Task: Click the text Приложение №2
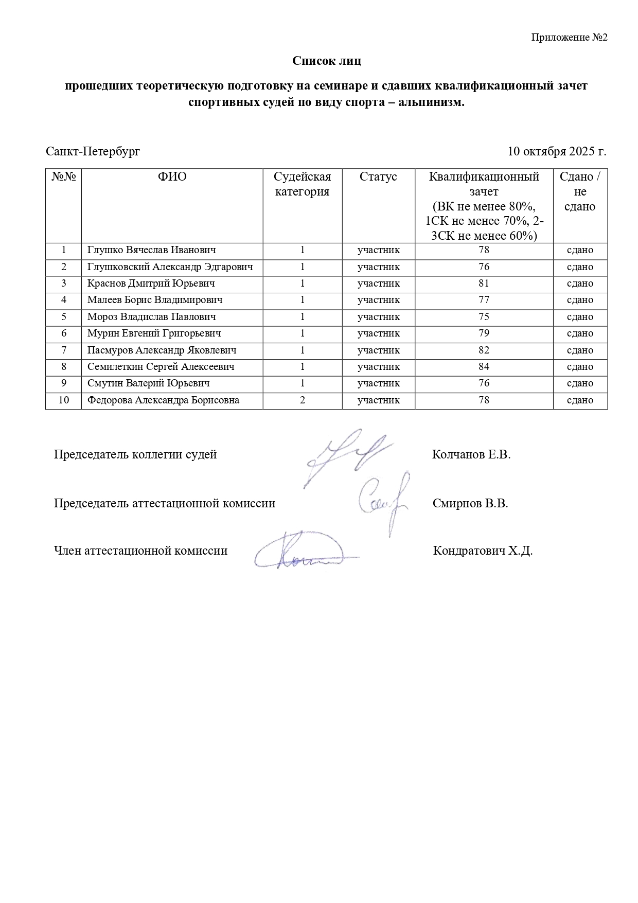pyautogui.click(x=569, y=38)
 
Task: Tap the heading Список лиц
pyautogui.click(x=327, y=61)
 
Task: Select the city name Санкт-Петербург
pyautogui.click(x=93, y=152)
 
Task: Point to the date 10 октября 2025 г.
pyautogui.click(x=557, y=152)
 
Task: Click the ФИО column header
pyautogui.click(x=172, y=177)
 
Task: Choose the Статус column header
pyautogui.click(x=378, y=177)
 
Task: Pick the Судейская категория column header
pyautogui.click(x=302, y=184)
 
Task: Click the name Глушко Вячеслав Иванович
pyautogui.click(x=151, y=250)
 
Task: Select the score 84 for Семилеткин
pyautogui.click(x=484, y=367)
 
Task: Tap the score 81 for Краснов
pyautogui.click(x=484, y=284)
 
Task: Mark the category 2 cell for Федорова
pyautogui.click(x=303, y=400)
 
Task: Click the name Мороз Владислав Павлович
pyautogui.click(x=151, y=317)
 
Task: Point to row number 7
pyautogui.click(x=64, y=350)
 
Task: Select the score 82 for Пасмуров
pyautogui.click(x=484, y=350)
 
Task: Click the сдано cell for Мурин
pyautogui.click(x=580, y=333)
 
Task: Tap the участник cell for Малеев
pyautogui.click(x=378, y=300)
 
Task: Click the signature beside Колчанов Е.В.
pyautogui.click(x=345, y=455)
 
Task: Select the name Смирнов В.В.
pyautogui.click(x=470, y=503)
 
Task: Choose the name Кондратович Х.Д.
pyautogui.click(x=483, y=551)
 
